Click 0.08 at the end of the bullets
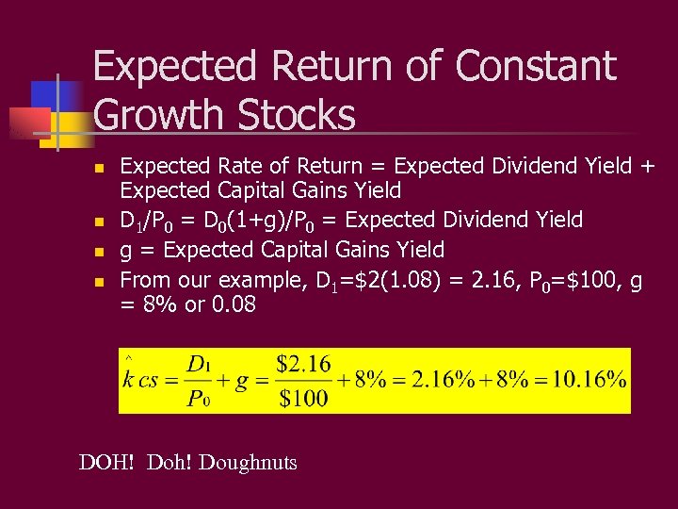point(230,306)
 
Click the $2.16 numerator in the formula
point(302,364)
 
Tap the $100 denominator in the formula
point(302,398)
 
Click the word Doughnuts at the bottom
point(248,463)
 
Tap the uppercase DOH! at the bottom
point(107,463)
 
